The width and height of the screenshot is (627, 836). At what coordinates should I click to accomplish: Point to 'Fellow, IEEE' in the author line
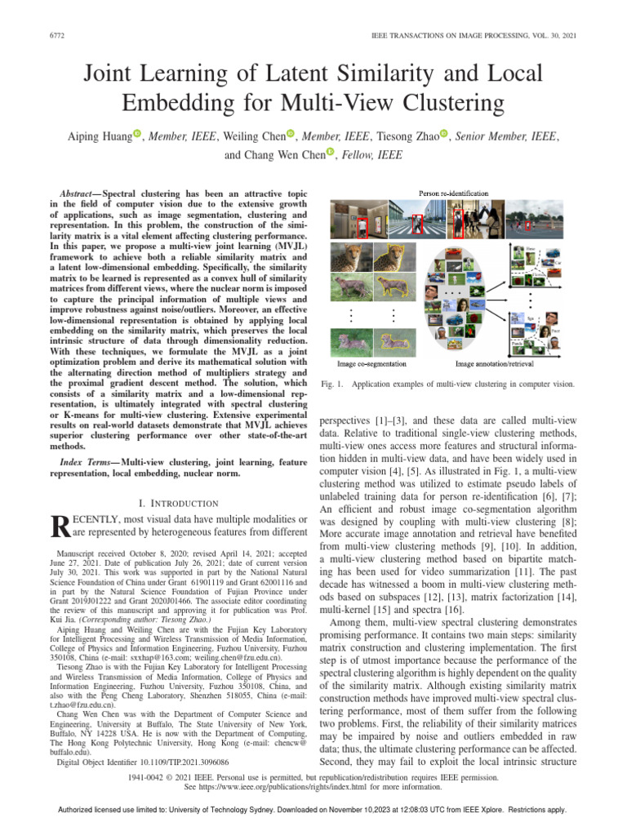point(371,154)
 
